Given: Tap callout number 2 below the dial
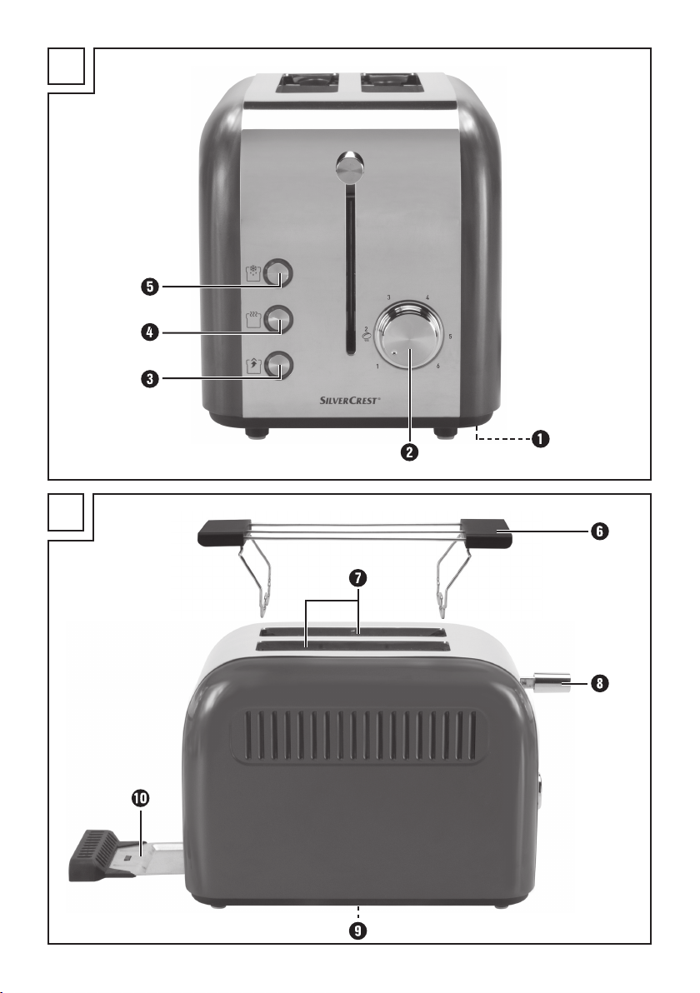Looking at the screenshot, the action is (409, 454).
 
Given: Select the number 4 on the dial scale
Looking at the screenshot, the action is (427, 297).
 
